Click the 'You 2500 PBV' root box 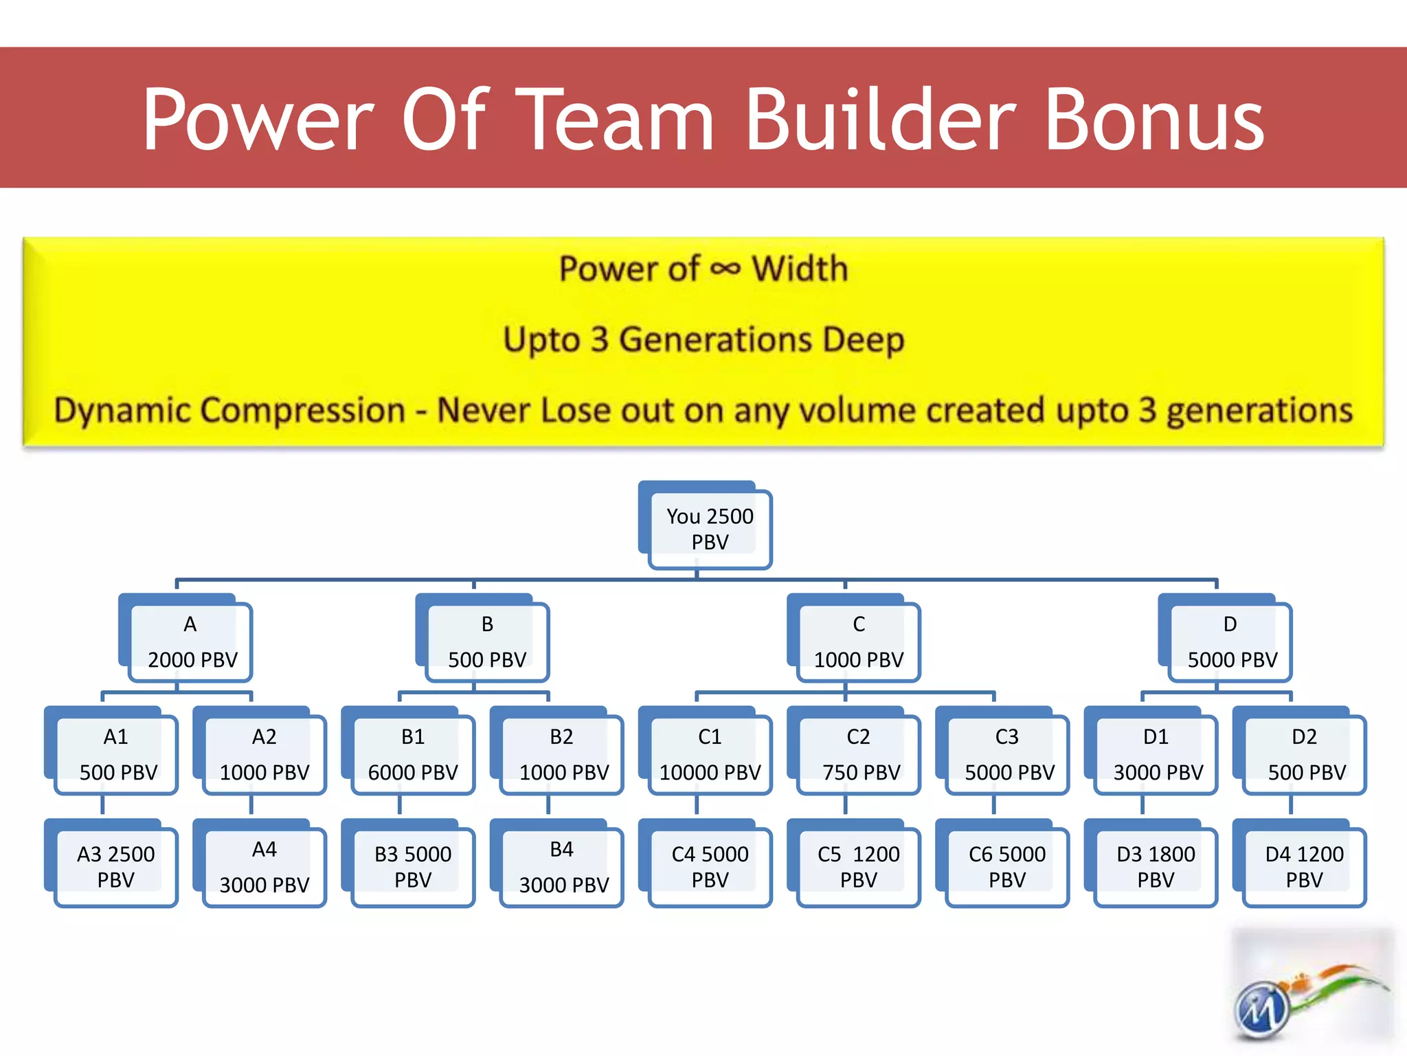(710, 529)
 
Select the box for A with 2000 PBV (191, 641)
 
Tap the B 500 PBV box (487, 641)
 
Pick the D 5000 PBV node (1230, 641)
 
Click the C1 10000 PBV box (710, 754)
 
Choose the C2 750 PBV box (859, 754)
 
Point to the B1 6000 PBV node (413, 754)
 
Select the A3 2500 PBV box (116, 867)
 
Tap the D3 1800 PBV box (1156, 867)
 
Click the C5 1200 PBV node (859, 867)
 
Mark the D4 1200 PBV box (1304, 867)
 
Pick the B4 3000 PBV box (562, 867)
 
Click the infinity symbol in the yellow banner (725, 269)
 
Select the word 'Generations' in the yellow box (715, 340)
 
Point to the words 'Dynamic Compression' (229, 410)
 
